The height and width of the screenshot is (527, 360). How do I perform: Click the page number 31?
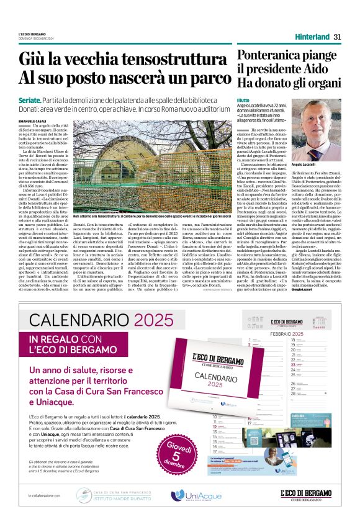coord(337,35)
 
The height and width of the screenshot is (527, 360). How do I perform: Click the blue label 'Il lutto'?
coord(243,99)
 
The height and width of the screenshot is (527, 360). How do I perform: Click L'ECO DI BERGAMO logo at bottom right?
coord(310,494)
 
